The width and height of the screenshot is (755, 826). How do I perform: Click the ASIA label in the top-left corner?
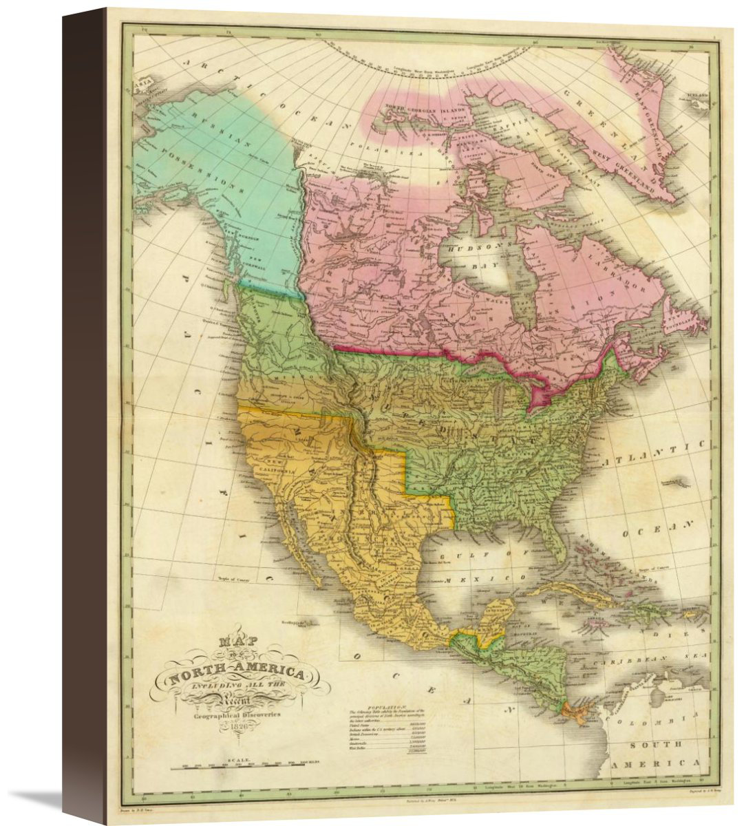coord(142,81)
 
